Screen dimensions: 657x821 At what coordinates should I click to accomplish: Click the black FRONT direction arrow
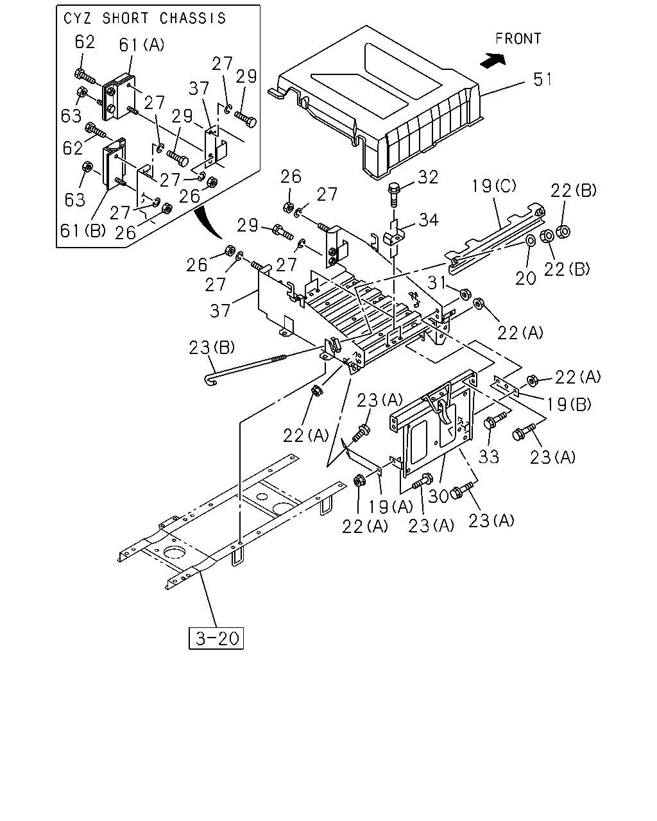click(493, 60)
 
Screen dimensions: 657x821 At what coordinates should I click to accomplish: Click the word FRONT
click(518, 38)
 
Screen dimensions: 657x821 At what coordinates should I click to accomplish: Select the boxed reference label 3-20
click(216, 638)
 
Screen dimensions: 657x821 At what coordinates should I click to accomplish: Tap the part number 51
click(542, 80)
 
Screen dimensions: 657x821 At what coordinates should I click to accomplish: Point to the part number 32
click(428, 178)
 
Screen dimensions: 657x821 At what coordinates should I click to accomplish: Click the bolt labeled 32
click(393, 194)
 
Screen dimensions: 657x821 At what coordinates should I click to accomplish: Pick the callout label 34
click(429, 220)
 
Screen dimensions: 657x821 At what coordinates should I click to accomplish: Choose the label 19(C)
click(493, 186)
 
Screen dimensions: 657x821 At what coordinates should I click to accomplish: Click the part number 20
click(525, 278)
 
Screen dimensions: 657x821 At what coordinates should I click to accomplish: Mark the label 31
click(436, 283)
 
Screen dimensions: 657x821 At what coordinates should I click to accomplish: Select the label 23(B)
click(212, 348)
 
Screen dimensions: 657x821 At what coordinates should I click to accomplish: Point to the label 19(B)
click(569, 404)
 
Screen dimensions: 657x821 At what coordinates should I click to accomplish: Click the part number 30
click(438, 496)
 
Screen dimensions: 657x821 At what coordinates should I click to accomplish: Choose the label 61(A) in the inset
click(142, 45)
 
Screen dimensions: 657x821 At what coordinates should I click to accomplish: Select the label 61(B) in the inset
click(83, 230)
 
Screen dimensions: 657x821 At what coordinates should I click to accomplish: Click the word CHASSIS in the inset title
click(192, 19)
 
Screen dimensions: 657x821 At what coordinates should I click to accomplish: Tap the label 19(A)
click(391, 507)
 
